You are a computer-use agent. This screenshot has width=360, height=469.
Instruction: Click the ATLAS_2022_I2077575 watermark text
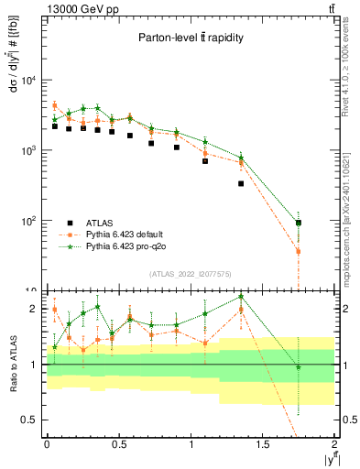[x=190, y=274]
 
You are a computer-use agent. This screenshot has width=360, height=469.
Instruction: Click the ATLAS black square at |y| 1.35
[x=242, y=184]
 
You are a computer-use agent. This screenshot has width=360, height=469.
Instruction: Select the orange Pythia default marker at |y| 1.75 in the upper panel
[x=299, y=251]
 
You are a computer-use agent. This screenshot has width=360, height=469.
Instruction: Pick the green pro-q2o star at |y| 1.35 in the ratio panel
[x=242, y=297]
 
